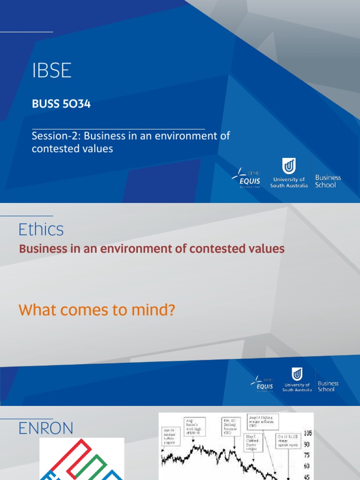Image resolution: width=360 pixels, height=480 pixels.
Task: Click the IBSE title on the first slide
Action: [52, 71]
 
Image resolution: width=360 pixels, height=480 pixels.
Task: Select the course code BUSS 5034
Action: [61, 104]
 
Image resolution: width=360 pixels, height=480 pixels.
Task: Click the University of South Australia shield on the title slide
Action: [288, 167]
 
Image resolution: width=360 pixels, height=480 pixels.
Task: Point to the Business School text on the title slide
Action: [328, 181]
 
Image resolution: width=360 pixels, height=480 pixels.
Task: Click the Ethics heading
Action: [41, 230]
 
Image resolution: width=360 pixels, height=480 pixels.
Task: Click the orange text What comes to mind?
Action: [96, 310]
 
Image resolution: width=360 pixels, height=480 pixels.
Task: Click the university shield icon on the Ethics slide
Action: [297, 375]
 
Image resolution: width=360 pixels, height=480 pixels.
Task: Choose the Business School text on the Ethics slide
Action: [328, 386]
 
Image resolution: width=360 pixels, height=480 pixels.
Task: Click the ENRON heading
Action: [46, 428]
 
